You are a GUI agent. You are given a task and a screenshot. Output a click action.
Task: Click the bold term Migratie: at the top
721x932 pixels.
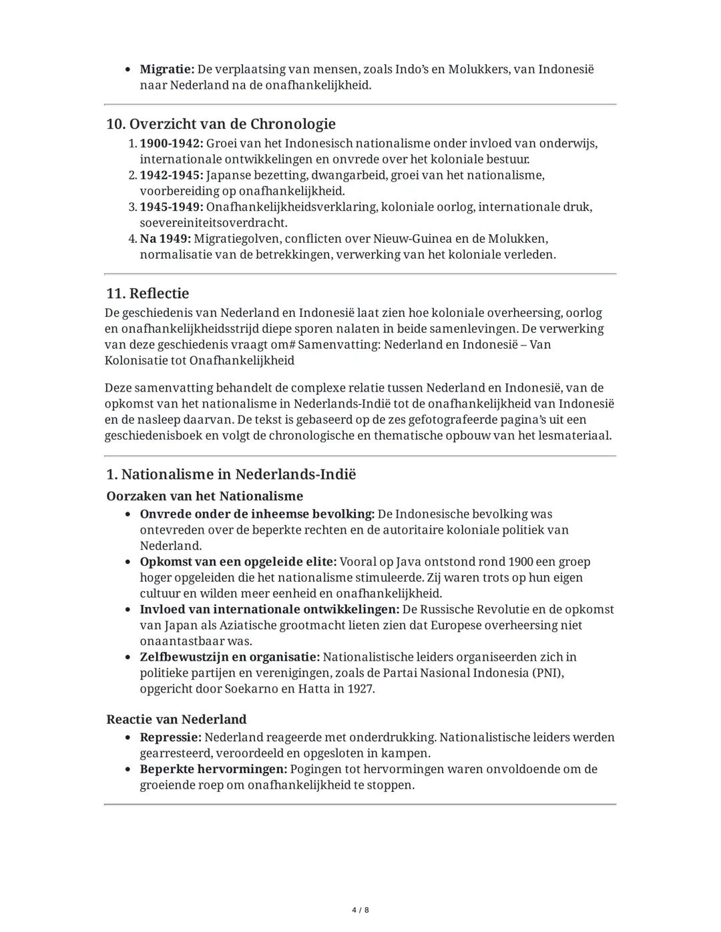pyautogui.click(x=167, y=69)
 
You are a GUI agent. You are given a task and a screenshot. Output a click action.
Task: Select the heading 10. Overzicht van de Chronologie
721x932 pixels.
pyautogui.click(x=220, y=124)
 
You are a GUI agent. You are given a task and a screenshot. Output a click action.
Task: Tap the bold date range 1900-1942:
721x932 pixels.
pyautogui.click(x=171, y=143)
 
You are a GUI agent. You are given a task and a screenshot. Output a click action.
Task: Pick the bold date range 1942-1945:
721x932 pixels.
pyautogui.click(x=171, y=175)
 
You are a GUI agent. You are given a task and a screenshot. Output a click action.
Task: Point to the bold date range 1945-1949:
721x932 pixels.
pyautogui.click(x=171, y=207)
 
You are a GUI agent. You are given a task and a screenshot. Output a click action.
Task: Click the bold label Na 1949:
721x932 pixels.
pyautogui.click(x=165, y=239)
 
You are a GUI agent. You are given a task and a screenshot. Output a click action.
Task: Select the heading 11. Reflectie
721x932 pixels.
pyautogui.click(x=148, y=294)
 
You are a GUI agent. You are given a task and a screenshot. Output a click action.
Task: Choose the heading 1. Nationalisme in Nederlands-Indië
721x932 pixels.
pyautogui.click(x=231, y=474)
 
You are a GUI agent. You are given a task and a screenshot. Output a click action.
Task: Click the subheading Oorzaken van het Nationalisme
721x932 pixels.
pyautogui.click(x=204, y=496)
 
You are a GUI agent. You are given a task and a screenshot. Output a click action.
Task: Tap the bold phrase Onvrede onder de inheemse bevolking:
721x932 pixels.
pyautogui.click(x=257, y=514)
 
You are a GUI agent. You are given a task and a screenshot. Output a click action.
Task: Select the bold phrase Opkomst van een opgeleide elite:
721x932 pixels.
pyautogui.click(x=238, y=562)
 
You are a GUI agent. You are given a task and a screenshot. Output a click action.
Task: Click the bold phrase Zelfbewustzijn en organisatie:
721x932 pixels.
pyautogui.click(x=230, y=657)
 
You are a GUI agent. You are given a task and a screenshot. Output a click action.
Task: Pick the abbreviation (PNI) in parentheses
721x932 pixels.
pyautogui.click(x=547, y=672)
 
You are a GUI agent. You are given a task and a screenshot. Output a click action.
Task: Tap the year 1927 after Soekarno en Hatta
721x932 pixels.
pyautogui.click(x=360, y=688)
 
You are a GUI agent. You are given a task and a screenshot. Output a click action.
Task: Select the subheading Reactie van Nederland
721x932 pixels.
pyautogui.click(x=176, y=720)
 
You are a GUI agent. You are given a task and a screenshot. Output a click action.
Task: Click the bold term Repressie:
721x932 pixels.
pyautogui.click(x=170, y=738)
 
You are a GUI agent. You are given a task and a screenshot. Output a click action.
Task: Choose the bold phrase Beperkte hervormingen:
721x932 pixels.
pyautogui.click(x=213, y=769)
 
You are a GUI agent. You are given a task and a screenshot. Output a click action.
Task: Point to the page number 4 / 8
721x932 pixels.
pyautogui.click(x=360, y=910)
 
